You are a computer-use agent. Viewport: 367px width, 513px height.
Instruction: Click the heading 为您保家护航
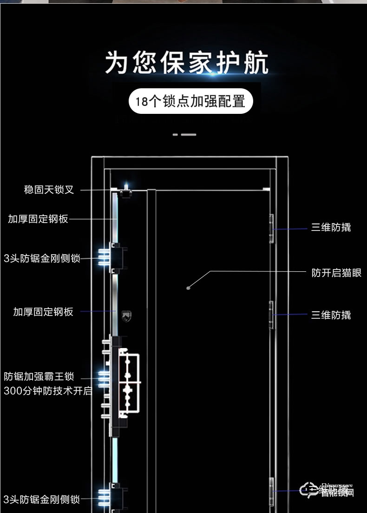click(x=186, y=63)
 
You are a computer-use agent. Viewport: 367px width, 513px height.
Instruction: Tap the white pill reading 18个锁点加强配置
click(x=190, y=101)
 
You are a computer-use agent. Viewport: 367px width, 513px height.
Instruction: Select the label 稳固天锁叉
click(x=49, y=190)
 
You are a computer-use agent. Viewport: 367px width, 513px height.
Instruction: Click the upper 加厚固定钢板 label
click(x=38, y=219)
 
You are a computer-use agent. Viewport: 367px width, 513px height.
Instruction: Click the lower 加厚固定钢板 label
click(x=43, y=312)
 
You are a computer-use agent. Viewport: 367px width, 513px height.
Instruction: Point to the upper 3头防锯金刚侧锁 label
click(x=42, y=258)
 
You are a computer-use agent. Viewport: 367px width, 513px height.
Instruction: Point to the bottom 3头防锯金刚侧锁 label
click(x=42, y=500)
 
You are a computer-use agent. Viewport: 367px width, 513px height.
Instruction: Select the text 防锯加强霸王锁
click(x=39, y=376)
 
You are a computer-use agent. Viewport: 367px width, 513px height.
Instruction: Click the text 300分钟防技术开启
click(x=48, y=391)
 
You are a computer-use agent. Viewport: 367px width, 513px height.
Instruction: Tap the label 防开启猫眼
click(x=336, y=273)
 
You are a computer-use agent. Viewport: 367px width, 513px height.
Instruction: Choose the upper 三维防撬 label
click(x=331, y=227)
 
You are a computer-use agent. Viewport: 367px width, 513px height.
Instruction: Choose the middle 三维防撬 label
click(x=331, y=315)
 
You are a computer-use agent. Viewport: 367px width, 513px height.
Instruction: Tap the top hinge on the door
click(x=271, y=229)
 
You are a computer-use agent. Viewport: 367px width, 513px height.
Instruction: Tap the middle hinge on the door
click(x=271, y=315)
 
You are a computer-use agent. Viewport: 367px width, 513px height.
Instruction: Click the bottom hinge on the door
click(x=271, y=491)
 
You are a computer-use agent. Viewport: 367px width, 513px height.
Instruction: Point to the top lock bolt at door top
click(x=125, y=191)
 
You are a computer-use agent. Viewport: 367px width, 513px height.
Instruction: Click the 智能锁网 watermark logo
click(x=328, y=490)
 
